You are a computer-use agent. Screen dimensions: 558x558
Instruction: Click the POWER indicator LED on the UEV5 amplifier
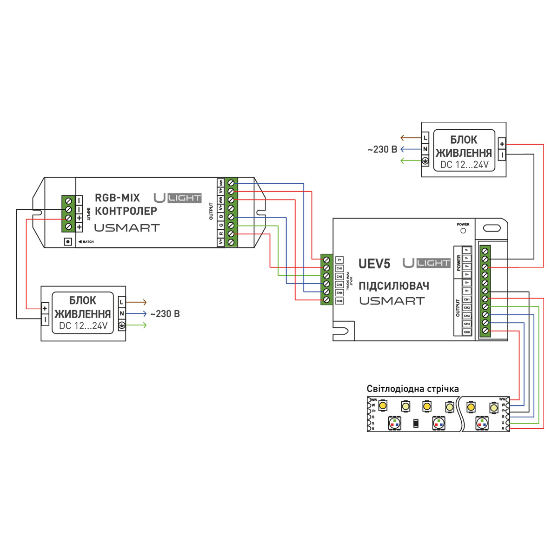tap(463, 231)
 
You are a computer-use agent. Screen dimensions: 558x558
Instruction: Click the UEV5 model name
tap(374, 264)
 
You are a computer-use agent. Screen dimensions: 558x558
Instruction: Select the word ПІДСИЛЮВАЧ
tap(393, 286)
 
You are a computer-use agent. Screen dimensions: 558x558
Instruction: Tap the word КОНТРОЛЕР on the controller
tap(126, 211)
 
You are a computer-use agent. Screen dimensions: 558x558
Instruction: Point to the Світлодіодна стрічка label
tap(412, 389)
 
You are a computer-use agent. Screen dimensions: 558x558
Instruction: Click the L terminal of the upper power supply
tap(425, 138)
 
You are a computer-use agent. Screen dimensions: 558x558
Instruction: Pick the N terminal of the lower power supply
tap(121, 314)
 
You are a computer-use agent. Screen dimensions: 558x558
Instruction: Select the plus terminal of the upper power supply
tap(502, 144)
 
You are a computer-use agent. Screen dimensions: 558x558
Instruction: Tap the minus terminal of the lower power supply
tap(45, 319)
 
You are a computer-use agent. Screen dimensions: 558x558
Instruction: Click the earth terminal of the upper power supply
tap(425, 161)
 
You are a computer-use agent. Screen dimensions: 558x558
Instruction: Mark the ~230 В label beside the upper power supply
tap(382, 150)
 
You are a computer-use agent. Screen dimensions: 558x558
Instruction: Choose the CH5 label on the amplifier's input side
tap(339, 301)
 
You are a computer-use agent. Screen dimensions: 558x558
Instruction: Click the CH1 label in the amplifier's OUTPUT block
tap(467, 299)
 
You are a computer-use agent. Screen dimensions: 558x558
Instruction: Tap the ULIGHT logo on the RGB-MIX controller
tap(178, 198)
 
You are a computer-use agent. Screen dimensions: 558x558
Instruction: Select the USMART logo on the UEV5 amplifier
tap(392, 301)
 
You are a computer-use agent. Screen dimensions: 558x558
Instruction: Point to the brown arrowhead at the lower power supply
tap(145, 302)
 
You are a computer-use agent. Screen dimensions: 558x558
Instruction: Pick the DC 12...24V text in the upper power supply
tap(464, 165)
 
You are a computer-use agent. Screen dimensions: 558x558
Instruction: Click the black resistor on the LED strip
tap(416, 423)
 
